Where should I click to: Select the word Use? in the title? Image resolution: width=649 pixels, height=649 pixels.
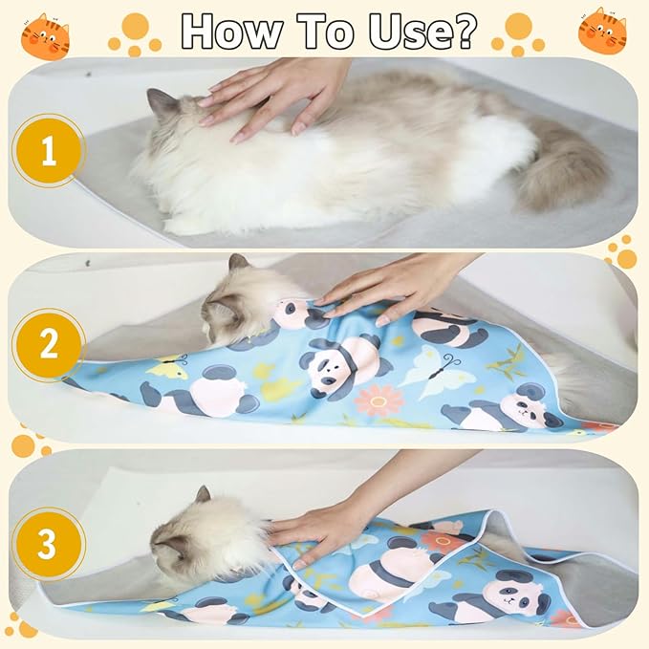(427, 31)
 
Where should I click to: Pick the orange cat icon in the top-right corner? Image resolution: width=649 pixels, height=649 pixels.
(602, 31)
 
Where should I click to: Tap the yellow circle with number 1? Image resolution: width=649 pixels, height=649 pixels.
(48, 150)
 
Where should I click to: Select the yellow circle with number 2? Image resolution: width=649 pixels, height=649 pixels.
(48, 345)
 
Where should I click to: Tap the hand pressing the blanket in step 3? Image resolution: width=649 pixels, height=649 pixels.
(320, 521)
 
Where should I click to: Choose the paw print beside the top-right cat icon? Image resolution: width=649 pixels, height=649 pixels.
(517, 33)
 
